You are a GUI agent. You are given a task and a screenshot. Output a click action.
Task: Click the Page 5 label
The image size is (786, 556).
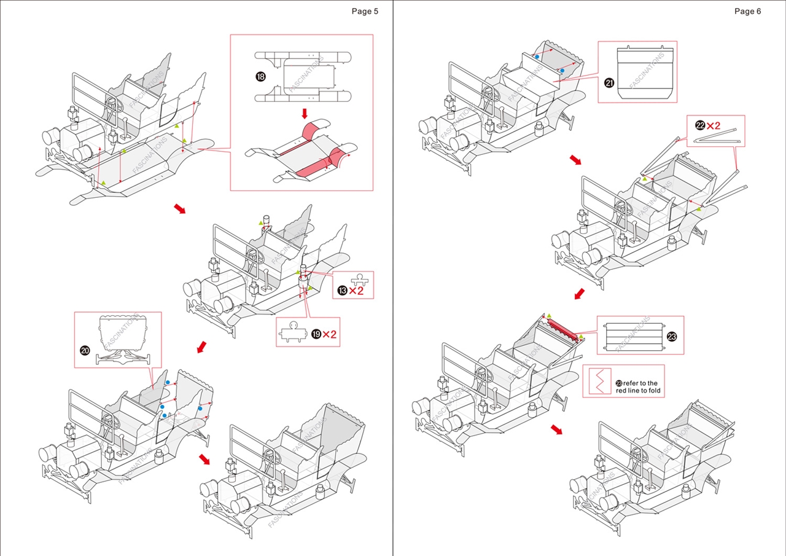click(365, 11)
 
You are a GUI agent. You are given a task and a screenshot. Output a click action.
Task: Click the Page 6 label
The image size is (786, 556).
click(747, 11)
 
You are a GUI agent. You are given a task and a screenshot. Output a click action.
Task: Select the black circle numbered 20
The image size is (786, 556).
click(85, 350)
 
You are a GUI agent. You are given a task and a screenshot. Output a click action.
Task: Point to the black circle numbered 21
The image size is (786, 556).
click(609, 83)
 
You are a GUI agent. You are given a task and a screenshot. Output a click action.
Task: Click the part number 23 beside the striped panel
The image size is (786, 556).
click(671, 336)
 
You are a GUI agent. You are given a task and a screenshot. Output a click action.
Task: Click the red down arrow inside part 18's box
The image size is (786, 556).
click(304, 114)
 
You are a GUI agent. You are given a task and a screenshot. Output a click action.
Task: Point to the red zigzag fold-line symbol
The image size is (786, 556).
click(597, 382)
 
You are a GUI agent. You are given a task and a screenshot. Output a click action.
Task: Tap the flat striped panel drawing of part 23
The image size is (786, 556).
click(632, 335)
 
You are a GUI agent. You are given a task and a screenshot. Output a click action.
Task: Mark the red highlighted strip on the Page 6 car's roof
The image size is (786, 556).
click(563, 329)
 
